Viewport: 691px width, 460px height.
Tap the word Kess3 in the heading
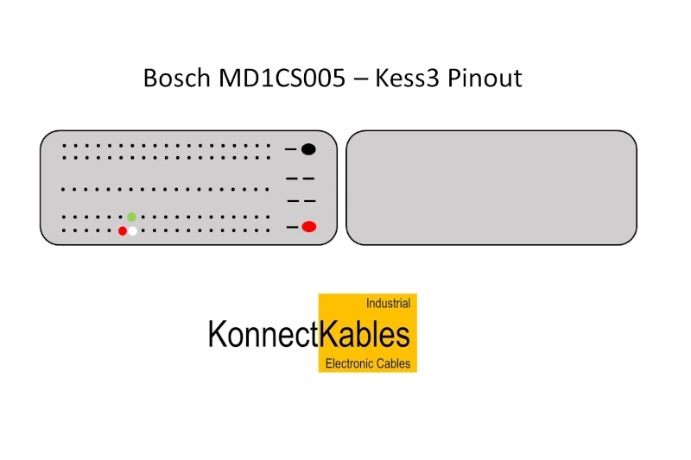point(408,79)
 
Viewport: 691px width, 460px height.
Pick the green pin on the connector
point(131,217)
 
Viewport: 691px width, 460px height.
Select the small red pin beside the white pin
point(123,230)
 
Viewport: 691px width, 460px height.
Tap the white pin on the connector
point(132,230)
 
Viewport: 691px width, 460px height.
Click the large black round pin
point(308,149)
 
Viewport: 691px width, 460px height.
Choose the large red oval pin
point(308,227)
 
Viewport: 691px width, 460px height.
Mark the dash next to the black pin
point(291,150)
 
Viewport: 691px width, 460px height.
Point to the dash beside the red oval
point(292,227)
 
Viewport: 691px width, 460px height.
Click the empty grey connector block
point(491,187)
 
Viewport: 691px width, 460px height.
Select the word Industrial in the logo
point(388,304)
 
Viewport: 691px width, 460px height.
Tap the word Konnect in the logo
point(263,334)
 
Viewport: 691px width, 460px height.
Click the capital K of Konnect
point(216,334)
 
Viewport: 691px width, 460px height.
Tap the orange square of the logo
point(368,316)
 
